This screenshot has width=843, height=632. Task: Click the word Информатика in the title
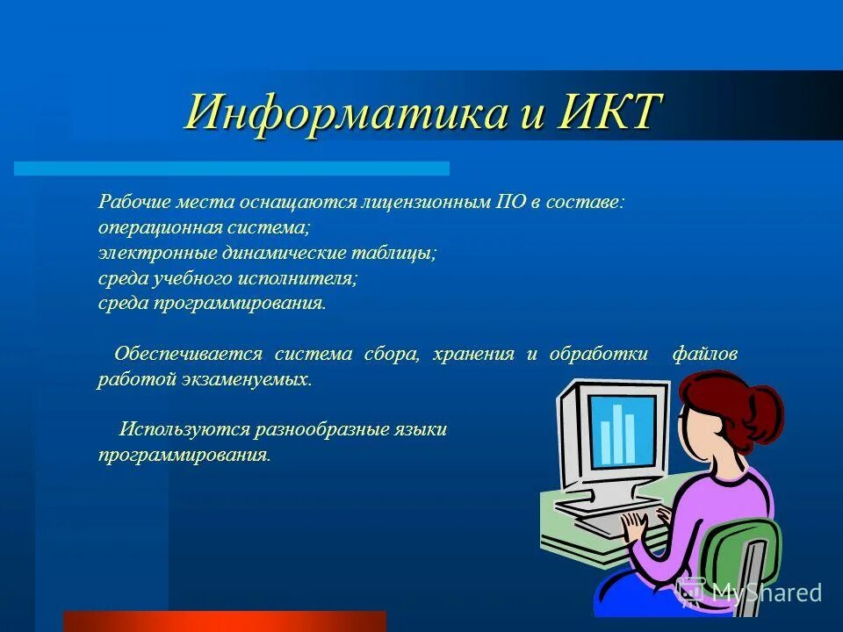point(347,112)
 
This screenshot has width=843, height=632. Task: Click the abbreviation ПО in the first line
point(510,202)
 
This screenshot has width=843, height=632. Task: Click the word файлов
point(704,355)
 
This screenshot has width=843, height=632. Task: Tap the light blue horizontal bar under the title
point(232,168)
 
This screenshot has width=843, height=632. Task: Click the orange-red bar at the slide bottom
point(224,621)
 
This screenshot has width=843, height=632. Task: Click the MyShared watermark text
point(765,592)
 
